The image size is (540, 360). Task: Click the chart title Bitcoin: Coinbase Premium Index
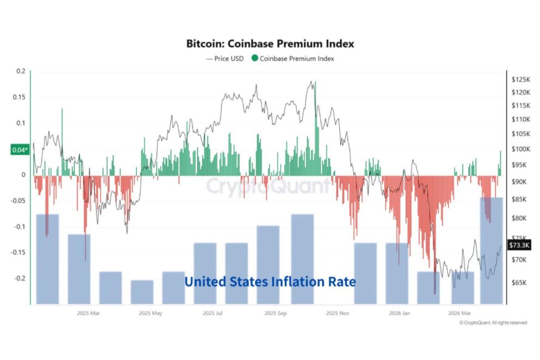[x=270, y=43]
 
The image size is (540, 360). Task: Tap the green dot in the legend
[x=254, y=58]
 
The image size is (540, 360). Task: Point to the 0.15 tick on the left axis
[x=19, y=97]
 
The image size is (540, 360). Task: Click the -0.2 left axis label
[x=19, y=278]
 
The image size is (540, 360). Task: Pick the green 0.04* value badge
[x=18, y=150]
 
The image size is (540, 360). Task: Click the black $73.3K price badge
[x=518, y=245]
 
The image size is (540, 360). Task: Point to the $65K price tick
[x=520, y=283]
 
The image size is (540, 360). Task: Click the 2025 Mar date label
[x=88, y=314]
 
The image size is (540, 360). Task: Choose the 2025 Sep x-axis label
[x=276, y=314]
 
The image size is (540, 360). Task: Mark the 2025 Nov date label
[x=338, y=314]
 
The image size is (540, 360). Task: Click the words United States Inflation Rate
[x=270, y=282]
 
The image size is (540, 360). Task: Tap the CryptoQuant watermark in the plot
[x=267, y=186]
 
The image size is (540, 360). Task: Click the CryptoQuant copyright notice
[x=493, y=323]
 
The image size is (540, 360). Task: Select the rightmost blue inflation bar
[x=491, y=251]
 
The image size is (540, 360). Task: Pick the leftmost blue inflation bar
[x=47, y=259]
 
